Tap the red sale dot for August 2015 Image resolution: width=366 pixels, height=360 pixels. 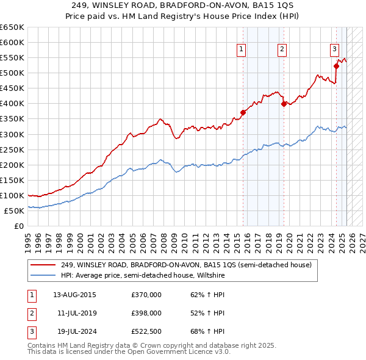243,112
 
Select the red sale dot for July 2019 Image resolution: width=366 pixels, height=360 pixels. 284,104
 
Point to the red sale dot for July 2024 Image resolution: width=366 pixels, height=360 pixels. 336,66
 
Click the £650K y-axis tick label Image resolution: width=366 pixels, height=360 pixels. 12,27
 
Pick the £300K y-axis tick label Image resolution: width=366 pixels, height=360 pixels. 12,134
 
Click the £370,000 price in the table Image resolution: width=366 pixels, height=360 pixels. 146,294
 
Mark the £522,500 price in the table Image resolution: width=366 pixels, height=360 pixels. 146,332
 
